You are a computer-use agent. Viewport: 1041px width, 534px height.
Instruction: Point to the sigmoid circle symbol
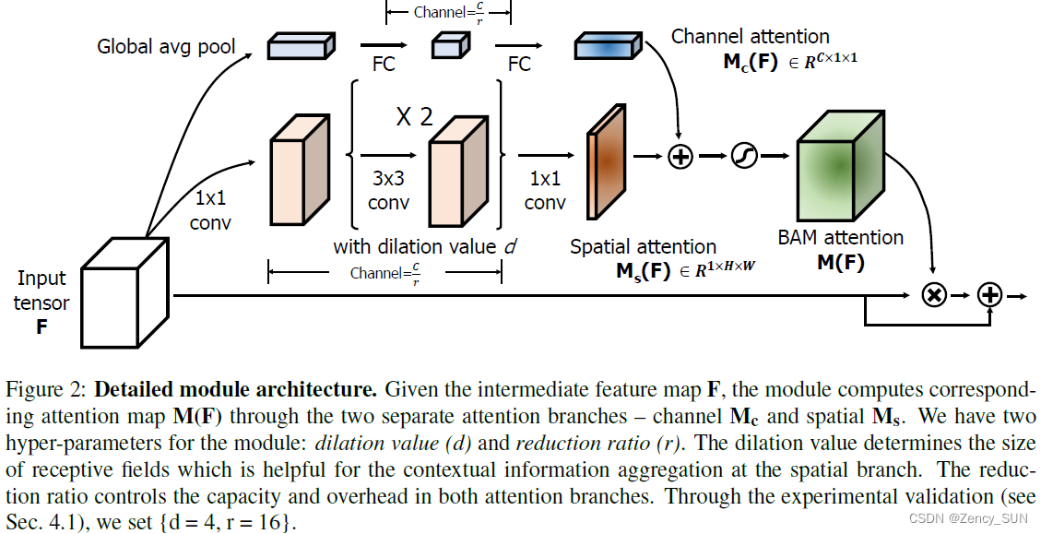coord(743,157)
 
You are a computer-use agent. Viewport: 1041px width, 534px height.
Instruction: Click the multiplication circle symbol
coord(934,295)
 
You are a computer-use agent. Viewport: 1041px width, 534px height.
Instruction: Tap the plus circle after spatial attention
coord(680,157)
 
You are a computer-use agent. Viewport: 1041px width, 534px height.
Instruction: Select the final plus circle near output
coord(989,295)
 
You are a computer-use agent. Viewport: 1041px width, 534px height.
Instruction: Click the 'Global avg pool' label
coord(167,46)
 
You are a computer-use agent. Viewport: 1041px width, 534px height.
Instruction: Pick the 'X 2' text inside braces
coord(414,117)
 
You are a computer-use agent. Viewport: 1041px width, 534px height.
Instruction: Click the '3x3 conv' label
coord(388,191)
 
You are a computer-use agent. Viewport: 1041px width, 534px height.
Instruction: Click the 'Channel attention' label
coord(750,37)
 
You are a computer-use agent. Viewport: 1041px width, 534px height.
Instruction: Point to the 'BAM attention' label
coord(840,238)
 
